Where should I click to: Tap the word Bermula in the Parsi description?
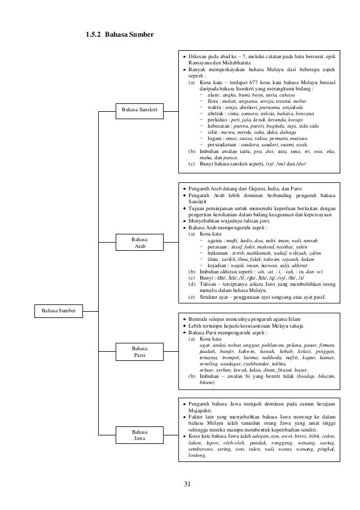pos(199,319)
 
